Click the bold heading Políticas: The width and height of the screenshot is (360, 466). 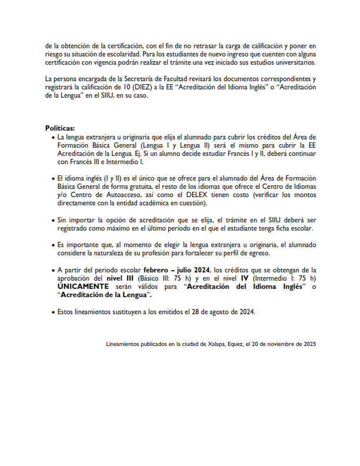60,128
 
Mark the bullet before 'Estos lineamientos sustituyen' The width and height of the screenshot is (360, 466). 52,311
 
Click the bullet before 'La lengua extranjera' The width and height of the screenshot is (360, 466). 52,137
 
